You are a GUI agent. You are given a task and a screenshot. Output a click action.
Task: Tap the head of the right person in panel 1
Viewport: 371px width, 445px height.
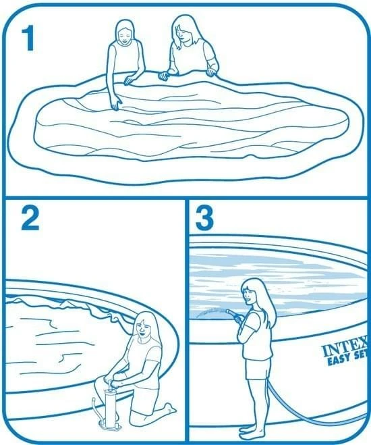coord(183,28)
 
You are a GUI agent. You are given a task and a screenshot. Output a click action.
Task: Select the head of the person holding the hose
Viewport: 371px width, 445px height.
coord(252,291)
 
